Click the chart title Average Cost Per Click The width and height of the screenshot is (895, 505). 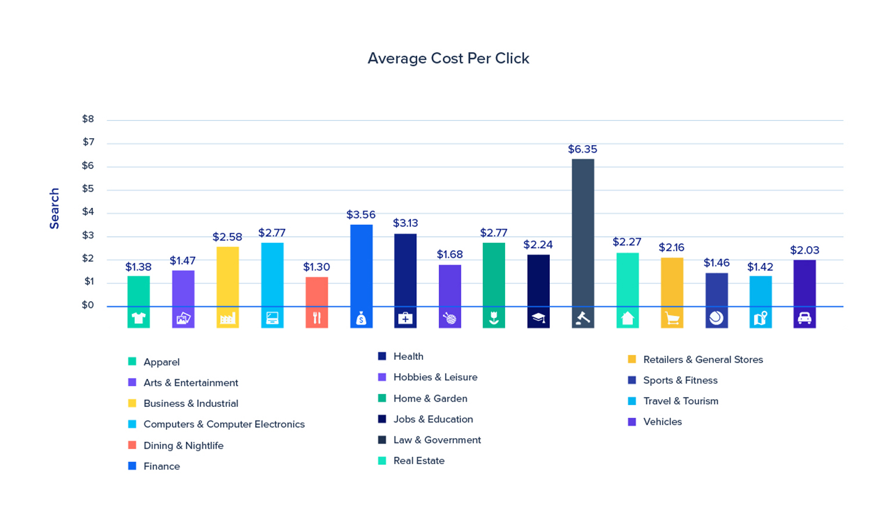point(448,59)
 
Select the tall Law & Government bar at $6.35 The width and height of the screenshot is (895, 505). point(583,232)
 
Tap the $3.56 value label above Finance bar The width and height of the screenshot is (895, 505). point(361,215)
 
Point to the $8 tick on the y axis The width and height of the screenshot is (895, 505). point(88,120)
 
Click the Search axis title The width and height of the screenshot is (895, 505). point(55,208)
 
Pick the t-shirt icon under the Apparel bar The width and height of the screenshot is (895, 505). point(138,318)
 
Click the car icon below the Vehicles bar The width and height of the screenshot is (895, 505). point(804,318)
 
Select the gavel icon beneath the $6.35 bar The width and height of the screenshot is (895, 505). point(583,318)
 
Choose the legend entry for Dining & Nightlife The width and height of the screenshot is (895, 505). point(183,446)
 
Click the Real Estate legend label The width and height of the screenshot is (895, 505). point(418,461)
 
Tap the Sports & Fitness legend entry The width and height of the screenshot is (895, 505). point(680,381)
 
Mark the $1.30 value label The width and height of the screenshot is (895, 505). point(317,267)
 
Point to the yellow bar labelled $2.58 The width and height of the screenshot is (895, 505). point(227,276)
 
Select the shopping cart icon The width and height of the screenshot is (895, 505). point(672,318)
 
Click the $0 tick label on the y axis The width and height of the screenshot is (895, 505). point(88,305)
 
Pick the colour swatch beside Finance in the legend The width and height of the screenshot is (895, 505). point(133,466)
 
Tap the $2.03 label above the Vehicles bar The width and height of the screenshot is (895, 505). point(804,251)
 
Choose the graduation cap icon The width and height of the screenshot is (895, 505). point(538,318)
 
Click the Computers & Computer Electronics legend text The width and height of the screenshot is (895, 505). point(224,424)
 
